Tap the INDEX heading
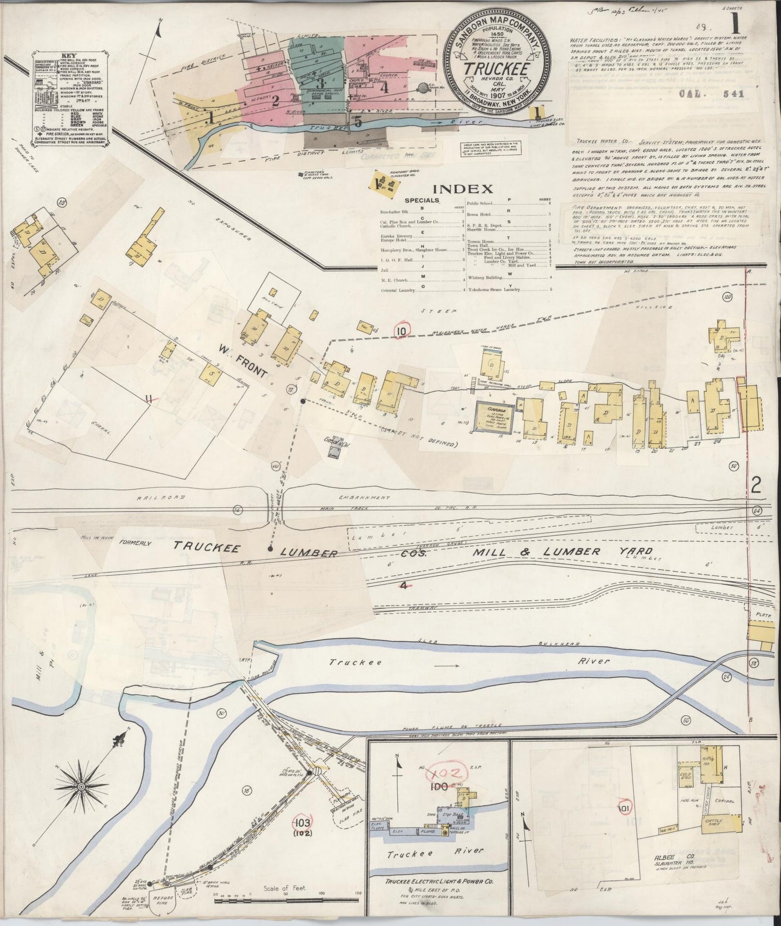pyautogui.click(x=464, y=189)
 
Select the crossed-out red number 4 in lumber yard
pyautogui.click(x=403, y=585)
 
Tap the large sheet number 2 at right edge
pyautogui.click(x=756, y=486)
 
